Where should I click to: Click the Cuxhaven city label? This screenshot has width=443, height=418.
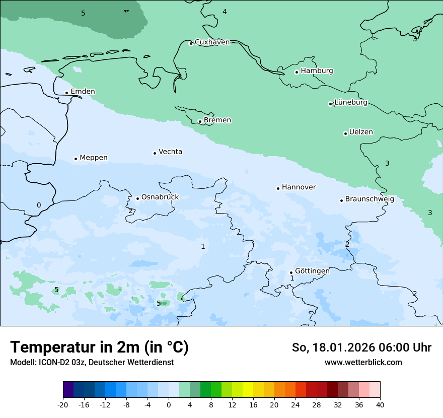212,42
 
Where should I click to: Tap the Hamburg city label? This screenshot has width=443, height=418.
317,71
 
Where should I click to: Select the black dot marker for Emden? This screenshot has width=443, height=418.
66,93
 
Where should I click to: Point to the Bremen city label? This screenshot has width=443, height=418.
217,120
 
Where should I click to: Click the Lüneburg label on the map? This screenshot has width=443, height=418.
351,103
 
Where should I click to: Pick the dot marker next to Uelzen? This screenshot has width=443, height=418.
345,133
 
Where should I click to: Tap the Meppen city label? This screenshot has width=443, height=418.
94,158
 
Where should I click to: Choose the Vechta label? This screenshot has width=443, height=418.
170,152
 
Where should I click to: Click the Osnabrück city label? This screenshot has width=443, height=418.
160,197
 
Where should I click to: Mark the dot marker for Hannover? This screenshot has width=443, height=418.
278,188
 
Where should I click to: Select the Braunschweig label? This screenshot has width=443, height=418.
370,199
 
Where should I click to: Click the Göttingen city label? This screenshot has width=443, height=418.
312,271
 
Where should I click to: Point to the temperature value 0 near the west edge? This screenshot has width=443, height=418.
39,205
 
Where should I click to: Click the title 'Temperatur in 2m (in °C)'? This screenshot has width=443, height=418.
100,347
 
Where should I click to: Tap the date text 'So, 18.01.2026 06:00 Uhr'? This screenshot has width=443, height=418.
361,347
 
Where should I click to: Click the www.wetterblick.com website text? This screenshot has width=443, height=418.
363,363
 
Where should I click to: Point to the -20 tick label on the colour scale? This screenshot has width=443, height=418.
62,404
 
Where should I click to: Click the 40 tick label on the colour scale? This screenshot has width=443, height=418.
380,404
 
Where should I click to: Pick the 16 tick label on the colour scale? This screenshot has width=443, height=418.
253,404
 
